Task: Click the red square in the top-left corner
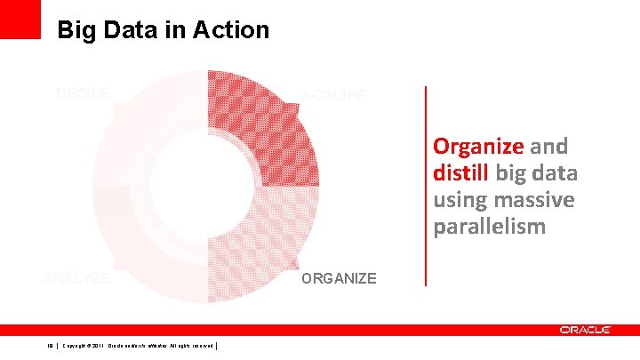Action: (20, 19)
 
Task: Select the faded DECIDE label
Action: (83, 93)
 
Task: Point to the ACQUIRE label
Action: (333, 95)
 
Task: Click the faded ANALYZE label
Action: (76, 278)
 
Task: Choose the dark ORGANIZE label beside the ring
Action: (339, 279)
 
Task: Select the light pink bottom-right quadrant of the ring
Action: (267, 240)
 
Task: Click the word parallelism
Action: (489, 227)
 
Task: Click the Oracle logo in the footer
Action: (585, 330)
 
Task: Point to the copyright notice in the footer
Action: (137, 347)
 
